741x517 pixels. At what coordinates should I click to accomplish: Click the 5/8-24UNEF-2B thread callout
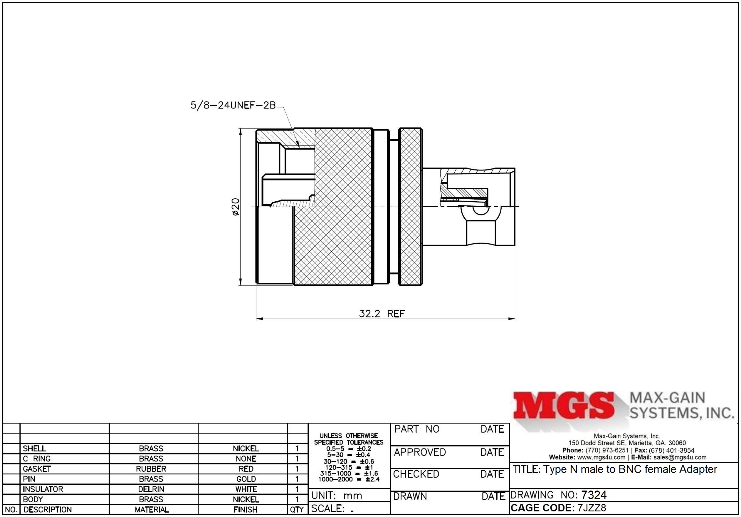(233, 105)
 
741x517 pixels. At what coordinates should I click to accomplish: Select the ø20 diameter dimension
(236, 207)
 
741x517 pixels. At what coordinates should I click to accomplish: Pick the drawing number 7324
(594, 495)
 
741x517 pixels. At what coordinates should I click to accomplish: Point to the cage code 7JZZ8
(592, 508)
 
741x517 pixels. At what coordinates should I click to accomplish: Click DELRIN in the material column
(151, 489)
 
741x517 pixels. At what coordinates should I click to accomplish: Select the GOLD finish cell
(246, 479)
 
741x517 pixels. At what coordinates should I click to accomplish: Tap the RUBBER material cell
(151, 469)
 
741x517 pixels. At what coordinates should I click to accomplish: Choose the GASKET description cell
(37, 469)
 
